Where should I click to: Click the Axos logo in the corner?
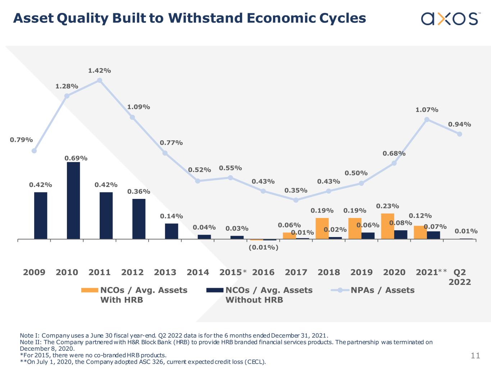[450, 18]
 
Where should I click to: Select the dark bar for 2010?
[73, 200]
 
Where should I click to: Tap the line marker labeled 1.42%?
[100, 81]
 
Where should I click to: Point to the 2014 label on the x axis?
[198, 272]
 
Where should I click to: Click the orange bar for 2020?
[387, 226]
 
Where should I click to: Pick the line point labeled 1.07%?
[427, 119]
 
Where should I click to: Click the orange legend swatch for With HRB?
[90, 290]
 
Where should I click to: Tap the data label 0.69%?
[76, 158]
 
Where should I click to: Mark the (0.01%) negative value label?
[263, 247]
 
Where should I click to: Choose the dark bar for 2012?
[139, 219]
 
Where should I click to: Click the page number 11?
[476, 356]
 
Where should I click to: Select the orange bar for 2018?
[322, 228]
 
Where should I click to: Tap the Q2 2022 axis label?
[460, 277]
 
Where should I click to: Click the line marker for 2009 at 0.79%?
[34, 151]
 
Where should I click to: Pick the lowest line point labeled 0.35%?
[296, 200]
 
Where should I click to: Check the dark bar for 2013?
[172, 231]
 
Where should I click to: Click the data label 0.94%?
[459, 124]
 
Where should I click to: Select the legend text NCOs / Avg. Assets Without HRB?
[269, 295]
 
